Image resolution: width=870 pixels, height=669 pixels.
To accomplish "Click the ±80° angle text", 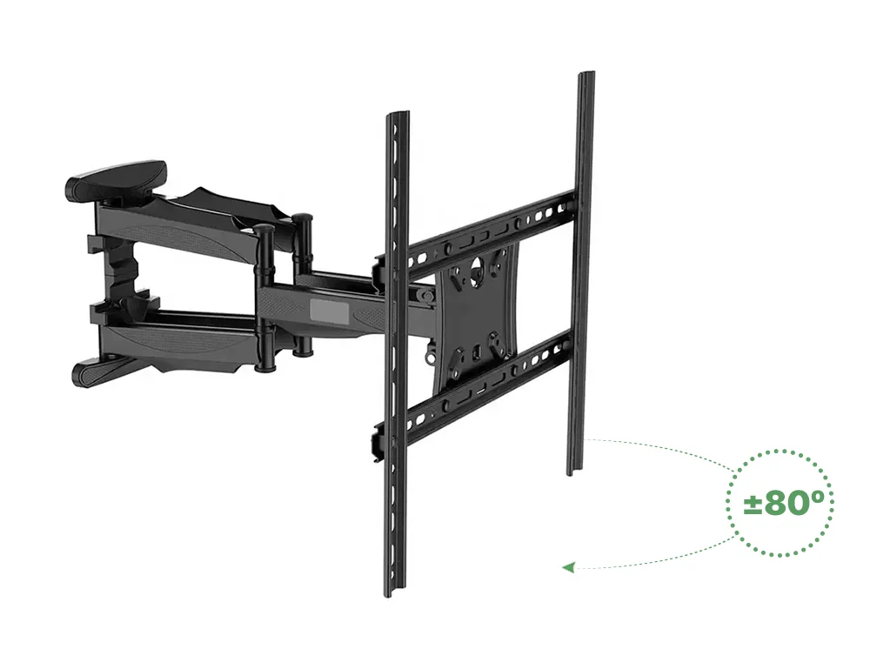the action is (780, 503).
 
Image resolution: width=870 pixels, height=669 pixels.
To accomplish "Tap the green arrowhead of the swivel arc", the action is (568, 567).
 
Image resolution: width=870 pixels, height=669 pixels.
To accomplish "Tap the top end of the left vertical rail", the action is (398, 115).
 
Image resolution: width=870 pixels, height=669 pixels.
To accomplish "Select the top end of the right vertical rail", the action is (586, 75).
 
